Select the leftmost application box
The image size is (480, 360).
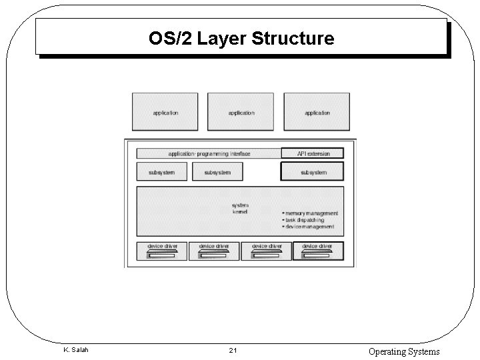click(165, 111)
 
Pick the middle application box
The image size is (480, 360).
click(241, 111)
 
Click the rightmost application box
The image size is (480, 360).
click(317, 111)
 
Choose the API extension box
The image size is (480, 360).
click(313, 153)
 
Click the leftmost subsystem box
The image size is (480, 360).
click(161, 172)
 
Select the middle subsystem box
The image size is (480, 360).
click(217, 172)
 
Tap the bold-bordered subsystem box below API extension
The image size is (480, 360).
click(313, 172)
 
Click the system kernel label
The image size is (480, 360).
click(240, 209)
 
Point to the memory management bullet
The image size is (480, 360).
click(311, 213)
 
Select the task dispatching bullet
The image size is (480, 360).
click(304, 220)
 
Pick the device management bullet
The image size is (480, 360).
click(309, 227)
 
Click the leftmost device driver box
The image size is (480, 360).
click(162, 250)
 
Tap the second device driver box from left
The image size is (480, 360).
click(214, 250)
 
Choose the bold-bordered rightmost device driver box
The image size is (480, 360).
click(318, 250)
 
